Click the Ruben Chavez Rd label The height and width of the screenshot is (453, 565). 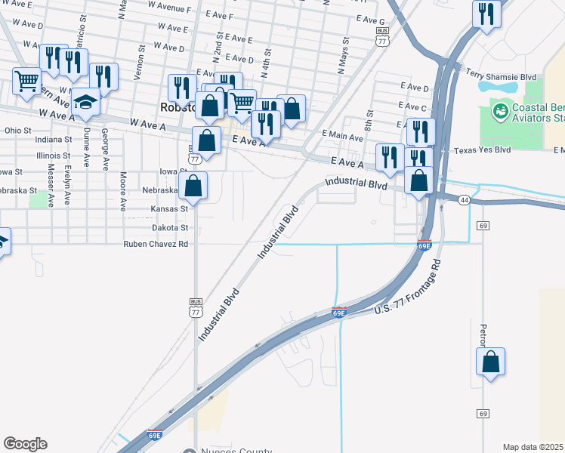click(x=156, y=245)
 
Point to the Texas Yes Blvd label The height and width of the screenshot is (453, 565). click(x=482, y=150)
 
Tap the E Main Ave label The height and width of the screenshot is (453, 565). click(x=342, y=134)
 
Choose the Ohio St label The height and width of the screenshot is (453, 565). click(x=17, y=130)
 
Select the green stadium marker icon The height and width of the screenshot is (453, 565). click(x=499, y=112)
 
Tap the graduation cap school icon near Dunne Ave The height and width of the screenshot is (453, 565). click(x=85, y=101)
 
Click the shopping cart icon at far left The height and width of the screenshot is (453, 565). click(x=26, y=80)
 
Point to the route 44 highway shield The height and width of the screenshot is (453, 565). click(x=464, y=199)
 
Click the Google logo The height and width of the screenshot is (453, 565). click(x=25, y=444)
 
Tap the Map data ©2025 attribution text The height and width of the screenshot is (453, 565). click(x=533, y=447)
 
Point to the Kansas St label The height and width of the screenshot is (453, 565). click(x=169, y=208)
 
